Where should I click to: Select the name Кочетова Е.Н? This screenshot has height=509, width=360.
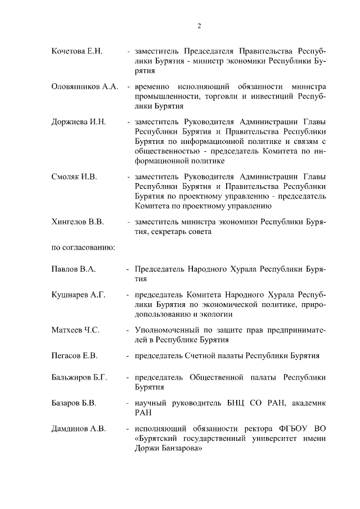pyautogui.click(x=76, y=51)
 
